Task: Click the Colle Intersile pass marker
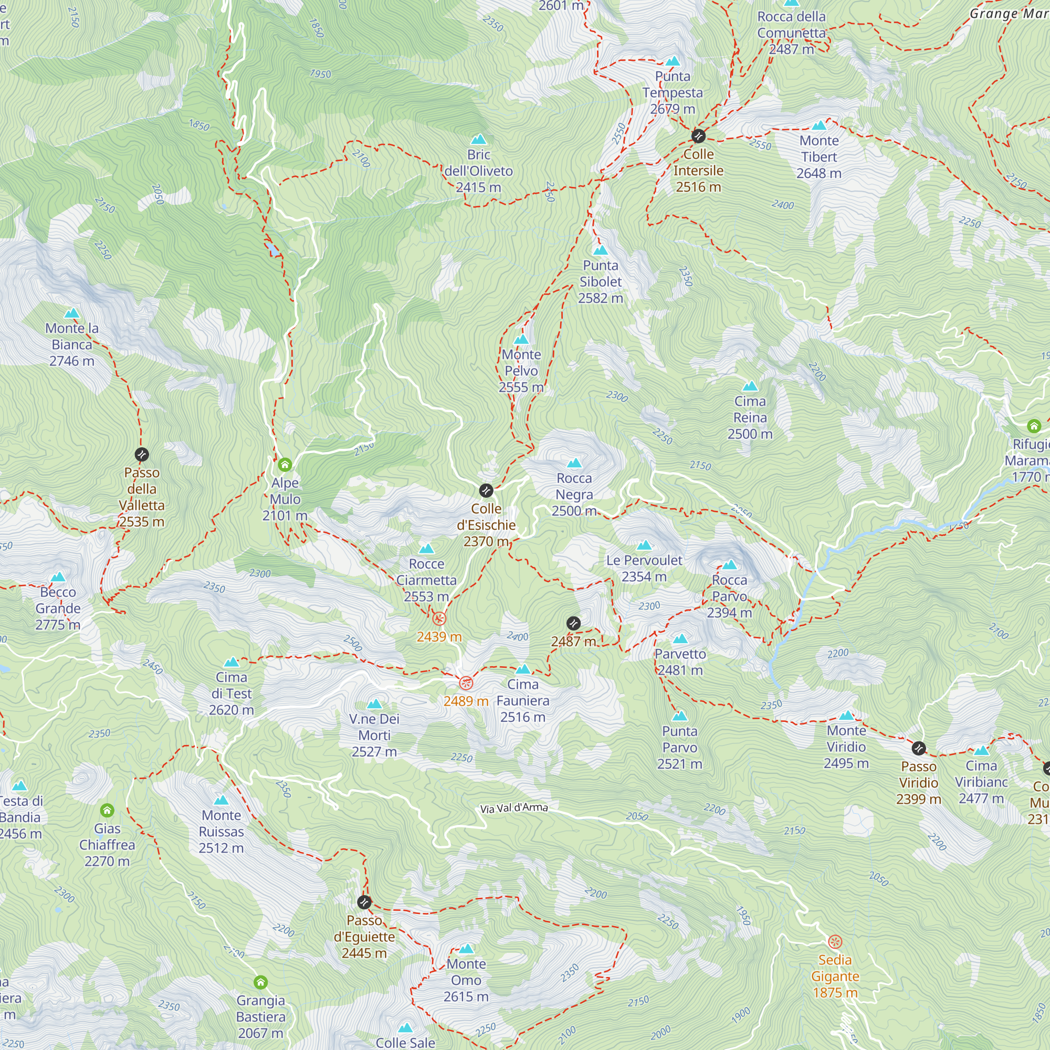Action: coord(698,135)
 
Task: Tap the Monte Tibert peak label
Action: coord(819,157)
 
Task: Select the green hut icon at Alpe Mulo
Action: coord(285,465)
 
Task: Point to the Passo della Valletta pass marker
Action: coord(141,454)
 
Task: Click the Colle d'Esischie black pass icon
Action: coord(486,490)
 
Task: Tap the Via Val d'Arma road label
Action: coord(513,808)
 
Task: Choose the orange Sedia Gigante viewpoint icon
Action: coord(835,941)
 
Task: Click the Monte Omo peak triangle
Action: coord(466,949)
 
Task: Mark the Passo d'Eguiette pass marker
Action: coord(364,902)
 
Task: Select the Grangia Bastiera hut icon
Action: coord(260,982)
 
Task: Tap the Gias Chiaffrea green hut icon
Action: coord(107,810)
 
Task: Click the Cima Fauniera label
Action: coord(523,700)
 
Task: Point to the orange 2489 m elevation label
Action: coord(465,701)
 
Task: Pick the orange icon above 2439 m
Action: coord(438,618)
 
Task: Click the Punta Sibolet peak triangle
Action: coord(600,250)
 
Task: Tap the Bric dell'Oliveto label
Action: coord(478,171)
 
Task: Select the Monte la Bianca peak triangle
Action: coord(72,313)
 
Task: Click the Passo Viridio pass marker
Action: coord(918,748)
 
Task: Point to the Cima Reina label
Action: coord(750,417)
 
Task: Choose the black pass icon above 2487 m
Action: coord(573,623)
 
